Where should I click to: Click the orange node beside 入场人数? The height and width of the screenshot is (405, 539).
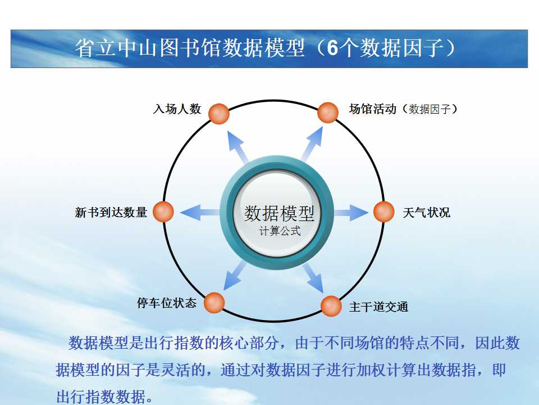218,114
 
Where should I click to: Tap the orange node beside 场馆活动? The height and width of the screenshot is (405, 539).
327,112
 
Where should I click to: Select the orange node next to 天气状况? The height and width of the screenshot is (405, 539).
383,212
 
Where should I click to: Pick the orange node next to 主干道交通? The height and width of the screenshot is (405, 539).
331,306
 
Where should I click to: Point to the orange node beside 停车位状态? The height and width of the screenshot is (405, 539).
214,303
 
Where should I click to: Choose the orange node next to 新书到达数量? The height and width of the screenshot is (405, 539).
163,212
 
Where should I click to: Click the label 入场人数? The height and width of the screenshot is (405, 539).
177,109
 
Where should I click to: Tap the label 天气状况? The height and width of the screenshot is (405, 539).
426,213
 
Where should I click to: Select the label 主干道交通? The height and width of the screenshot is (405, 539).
378,307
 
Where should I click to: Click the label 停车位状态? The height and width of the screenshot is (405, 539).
167,303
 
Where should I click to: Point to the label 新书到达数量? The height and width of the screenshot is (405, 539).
111,212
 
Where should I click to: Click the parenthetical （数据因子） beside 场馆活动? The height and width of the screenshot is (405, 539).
430,109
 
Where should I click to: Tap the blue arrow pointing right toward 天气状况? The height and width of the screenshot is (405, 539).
351,212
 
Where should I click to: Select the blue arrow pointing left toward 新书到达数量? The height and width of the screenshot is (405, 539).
200,212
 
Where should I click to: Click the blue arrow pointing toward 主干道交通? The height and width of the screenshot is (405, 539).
313,278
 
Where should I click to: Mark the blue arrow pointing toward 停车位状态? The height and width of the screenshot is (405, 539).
235,275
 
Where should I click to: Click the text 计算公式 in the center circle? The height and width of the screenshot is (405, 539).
280,231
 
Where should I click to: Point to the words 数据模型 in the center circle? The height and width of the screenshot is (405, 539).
279,213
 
